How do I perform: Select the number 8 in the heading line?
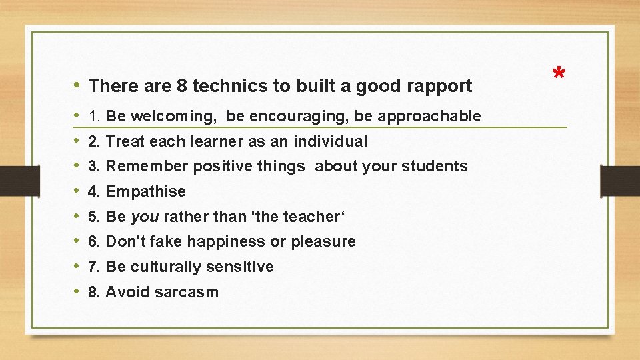coord(181,86)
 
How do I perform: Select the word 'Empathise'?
coord(145,192)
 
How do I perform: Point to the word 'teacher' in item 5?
coord(312,217)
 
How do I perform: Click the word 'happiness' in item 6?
coord(226,241)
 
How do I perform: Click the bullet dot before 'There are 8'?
coord(77,85)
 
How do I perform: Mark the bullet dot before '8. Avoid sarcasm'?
coord(77,291)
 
